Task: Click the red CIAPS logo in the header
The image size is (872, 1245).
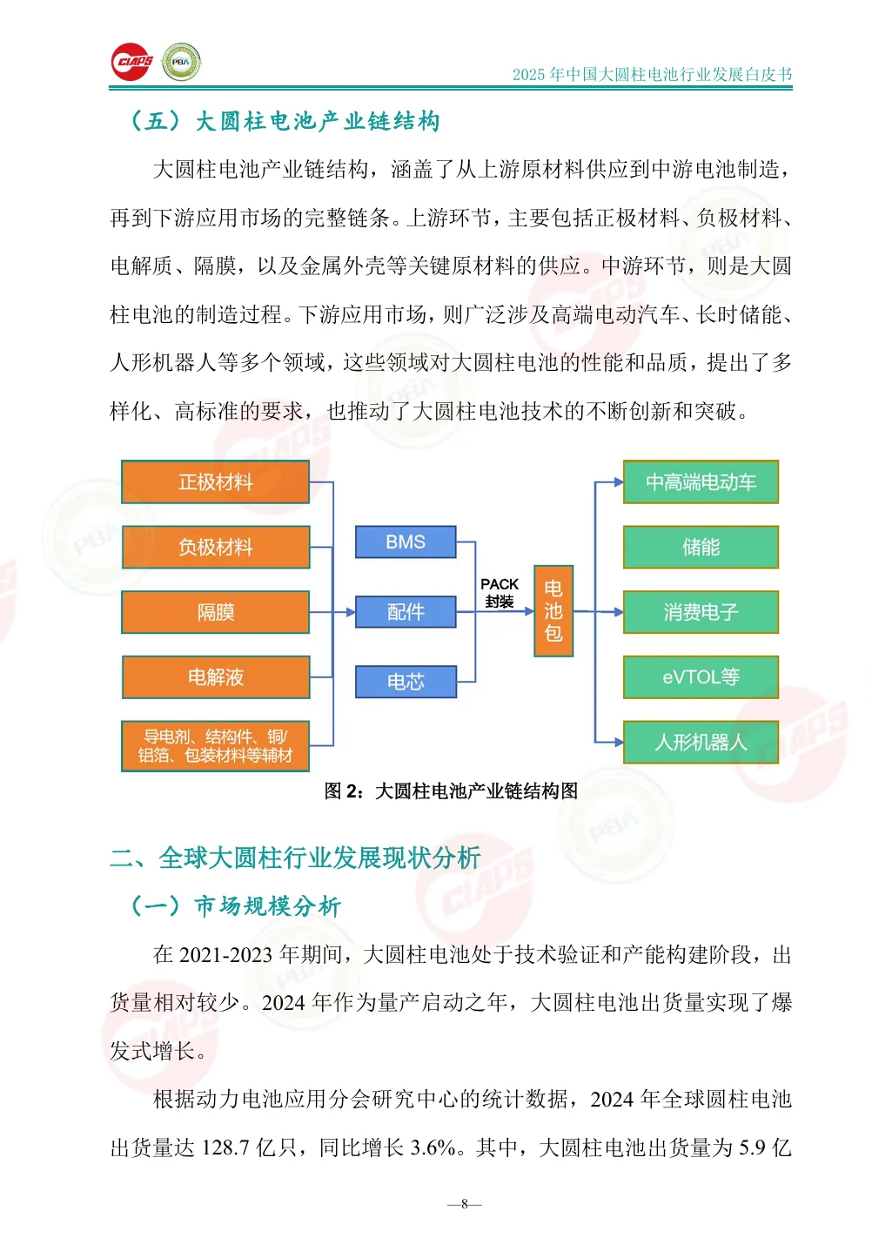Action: point(131,62)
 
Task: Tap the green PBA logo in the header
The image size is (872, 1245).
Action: point(181,62)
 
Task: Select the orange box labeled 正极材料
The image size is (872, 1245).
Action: point(216,482)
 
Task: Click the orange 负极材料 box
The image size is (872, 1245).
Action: point(216,548)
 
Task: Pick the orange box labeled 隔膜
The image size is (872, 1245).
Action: point(216,612)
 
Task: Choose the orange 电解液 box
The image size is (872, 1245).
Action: point(216,677)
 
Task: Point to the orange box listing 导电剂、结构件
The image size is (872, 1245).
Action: point(216,746)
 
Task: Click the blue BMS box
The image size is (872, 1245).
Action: point(406,542)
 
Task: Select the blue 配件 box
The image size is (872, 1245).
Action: point(406,611)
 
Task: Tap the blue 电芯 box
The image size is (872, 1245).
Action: point(406,681)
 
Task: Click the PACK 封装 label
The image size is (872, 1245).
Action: point(500,593)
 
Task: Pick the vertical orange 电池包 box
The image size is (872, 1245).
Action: point(553,610)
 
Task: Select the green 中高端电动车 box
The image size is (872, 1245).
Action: point(701,482)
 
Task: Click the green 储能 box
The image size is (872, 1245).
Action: point(701,548)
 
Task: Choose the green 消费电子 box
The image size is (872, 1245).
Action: point(701,612)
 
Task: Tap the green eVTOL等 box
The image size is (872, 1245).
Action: point(701,677)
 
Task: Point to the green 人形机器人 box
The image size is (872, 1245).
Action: point(701,743)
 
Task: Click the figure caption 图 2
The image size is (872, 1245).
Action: point(451,791)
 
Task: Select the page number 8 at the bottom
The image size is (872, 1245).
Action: point(465,1204)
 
